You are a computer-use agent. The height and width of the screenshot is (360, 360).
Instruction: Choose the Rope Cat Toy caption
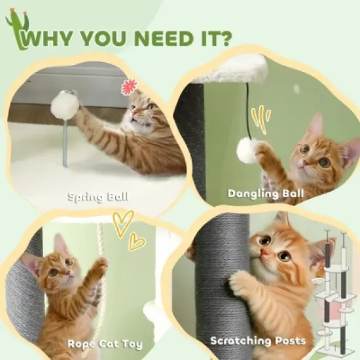[104, 344]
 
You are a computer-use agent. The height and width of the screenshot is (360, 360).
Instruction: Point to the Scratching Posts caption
[258, 341]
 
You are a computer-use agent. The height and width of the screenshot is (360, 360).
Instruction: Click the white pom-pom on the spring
[65, 105]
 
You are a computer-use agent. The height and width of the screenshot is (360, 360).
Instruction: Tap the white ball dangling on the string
[246, 151]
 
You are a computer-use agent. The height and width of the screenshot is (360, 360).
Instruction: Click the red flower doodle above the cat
[128, 86]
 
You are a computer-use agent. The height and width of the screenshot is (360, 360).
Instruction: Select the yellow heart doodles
[128, 231]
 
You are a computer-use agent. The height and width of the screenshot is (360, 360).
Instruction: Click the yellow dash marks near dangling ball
[263, 117]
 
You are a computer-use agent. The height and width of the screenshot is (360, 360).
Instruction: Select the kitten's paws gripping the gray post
[240, 283]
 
